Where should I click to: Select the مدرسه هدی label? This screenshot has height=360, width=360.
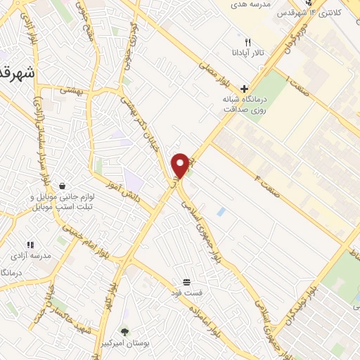click(252, 4)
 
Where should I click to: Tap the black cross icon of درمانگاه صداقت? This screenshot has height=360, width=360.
click(244, 89)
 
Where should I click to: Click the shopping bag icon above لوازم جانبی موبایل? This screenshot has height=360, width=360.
click(63, 186)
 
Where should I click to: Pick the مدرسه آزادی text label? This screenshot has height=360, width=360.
click(32, 256)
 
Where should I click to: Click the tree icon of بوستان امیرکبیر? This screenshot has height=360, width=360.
click(125, 330)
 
